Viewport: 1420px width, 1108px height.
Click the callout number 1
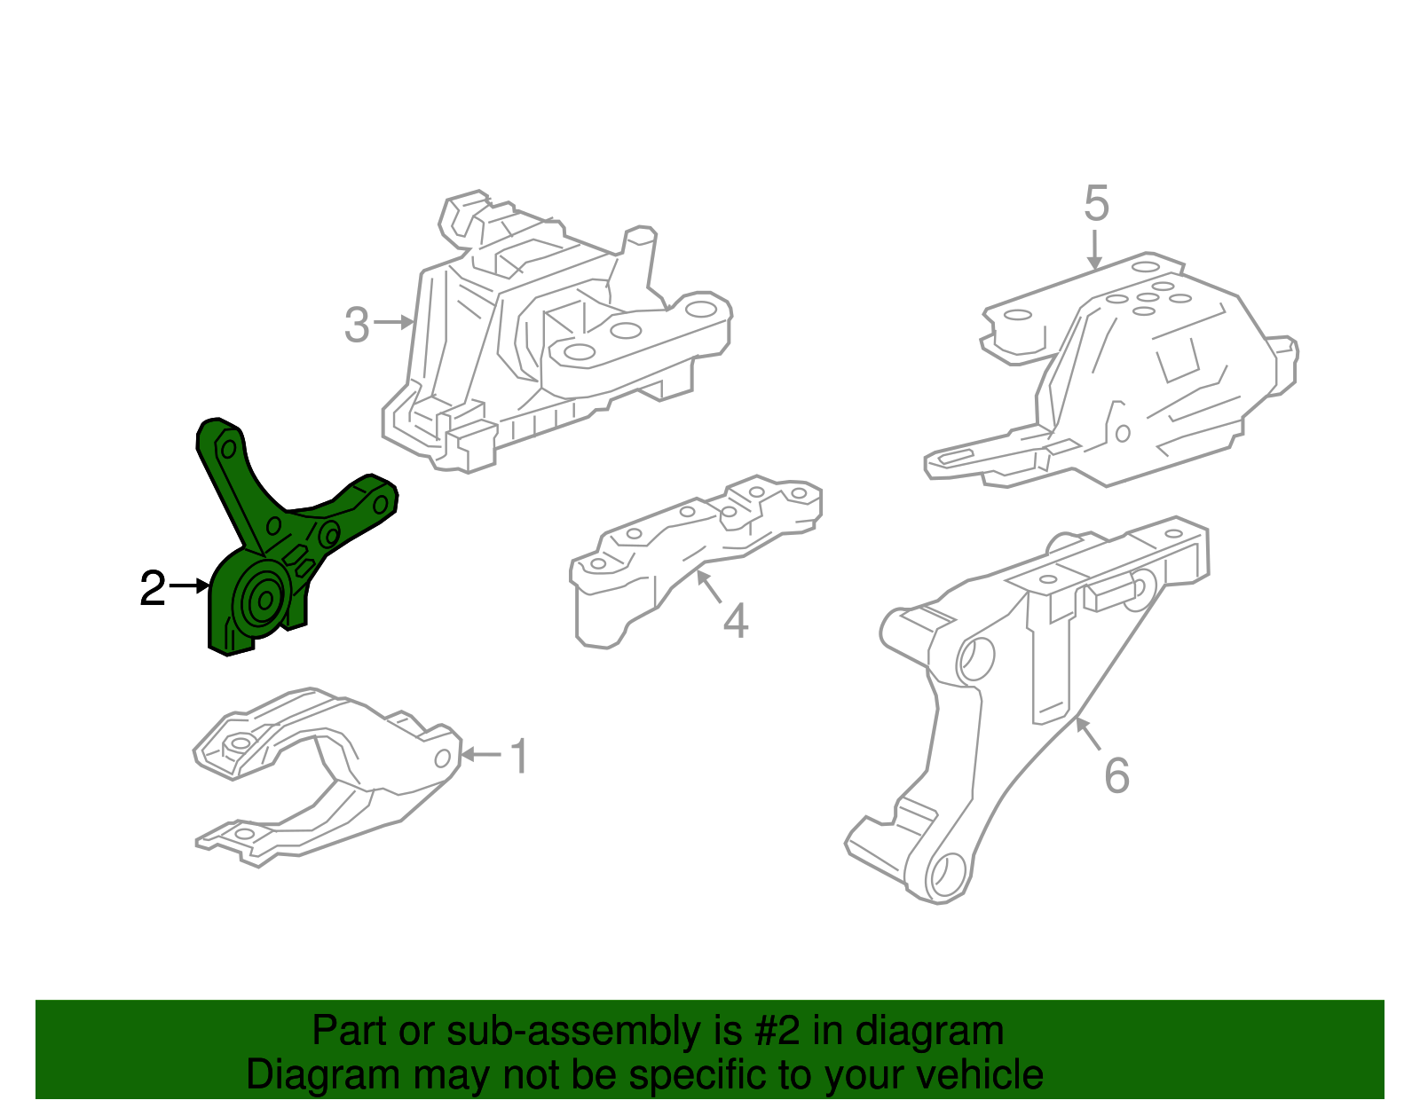point(520,757)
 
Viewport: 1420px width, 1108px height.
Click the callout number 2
point(153,588)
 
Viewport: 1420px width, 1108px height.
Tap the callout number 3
point(357,326)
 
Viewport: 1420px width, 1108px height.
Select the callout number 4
point(736,620)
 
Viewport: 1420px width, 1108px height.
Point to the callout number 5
point(1096,204)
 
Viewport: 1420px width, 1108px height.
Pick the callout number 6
point(1116,775)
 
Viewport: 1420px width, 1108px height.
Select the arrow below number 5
point(1095,249)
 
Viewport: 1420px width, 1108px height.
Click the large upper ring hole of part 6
point(975,658)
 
